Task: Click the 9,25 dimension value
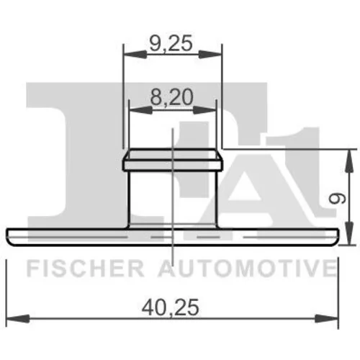click(171, 42)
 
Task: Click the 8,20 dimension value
click(172, 96)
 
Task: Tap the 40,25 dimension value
click(170, 307)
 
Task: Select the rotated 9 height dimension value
click(338, 199)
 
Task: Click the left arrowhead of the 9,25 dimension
click(135, 54)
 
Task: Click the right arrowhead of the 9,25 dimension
click(210, 54)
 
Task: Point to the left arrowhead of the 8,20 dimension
click(141, 110)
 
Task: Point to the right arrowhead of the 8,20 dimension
click(204, 110)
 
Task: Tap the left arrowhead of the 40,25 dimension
click(18, 319)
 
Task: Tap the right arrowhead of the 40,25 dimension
click(326, 319)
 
